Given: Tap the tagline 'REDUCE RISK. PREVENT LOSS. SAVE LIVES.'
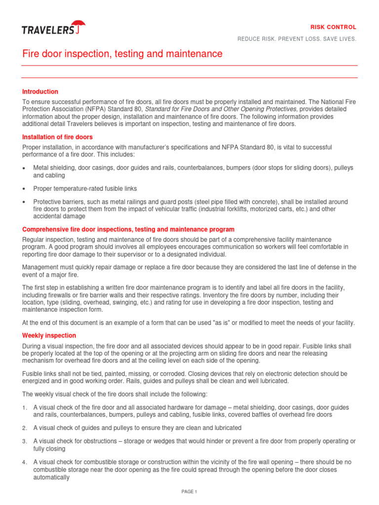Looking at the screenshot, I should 297,39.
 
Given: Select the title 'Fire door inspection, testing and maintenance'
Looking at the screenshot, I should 122,54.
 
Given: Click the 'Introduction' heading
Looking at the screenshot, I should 40,92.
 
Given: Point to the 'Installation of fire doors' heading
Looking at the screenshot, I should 58,137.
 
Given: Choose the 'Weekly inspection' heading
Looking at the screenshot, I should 49,335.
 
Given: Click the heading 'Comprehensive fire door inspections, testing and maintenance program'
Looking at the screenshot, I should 128,230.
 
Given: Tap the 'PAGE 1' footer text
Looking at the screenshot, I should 189,492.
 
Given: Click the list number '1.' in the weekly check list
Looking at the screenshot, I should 25,408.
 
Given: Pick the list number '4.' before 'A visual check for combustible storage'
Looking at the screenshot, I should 25,462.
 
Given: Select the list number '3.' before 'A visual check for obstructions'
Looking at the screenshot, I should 25,441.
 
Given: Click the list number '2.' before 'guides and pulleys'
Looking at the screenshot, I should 25,428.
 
